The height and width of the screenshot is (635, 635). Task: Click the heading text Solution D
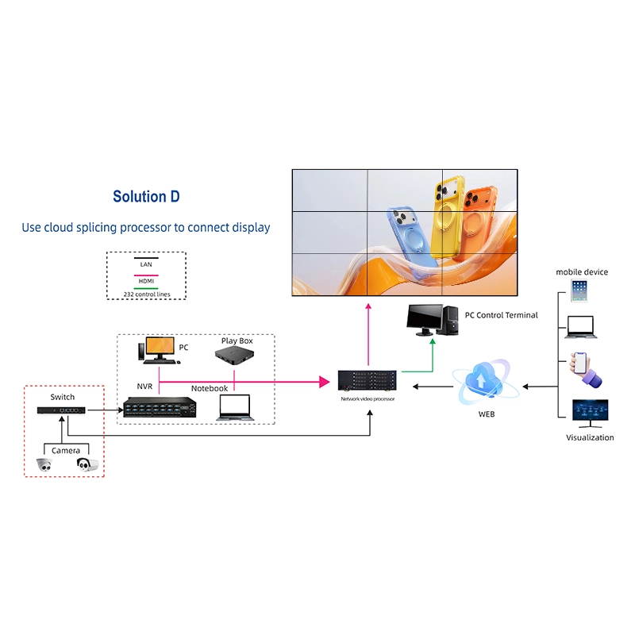point(146,197)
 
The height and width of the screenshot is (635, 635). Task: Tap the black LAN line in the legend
point(146,258)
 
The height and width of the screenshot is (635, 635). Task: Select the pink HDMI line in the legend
point(146,274)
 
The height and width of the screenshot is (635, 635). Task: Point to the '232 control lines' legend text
point(146,294)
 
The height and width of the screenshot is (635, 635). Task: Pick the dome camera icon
point(44,465)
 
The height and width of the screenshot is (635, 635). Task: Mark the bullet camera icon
point(87,464)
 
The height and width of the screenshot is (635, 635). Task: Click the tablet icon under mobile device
point(579,290)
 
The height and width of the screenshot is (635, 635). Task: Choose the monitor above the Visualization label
point(590,414)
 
